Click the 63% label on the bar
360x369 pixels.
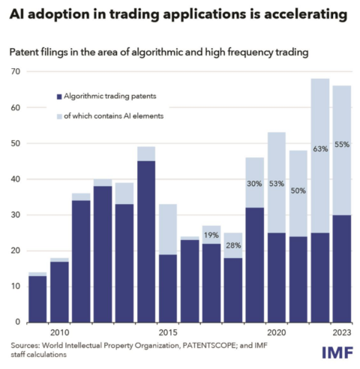pos(320,148)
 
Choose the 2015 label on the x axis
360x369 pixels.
pos(168,332)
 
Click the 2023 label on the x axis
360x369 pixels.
pos(341,332)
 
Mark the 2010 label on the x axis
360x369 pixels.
pos(59,332)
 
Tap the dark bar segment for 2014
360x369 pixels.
pos(146,240)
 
